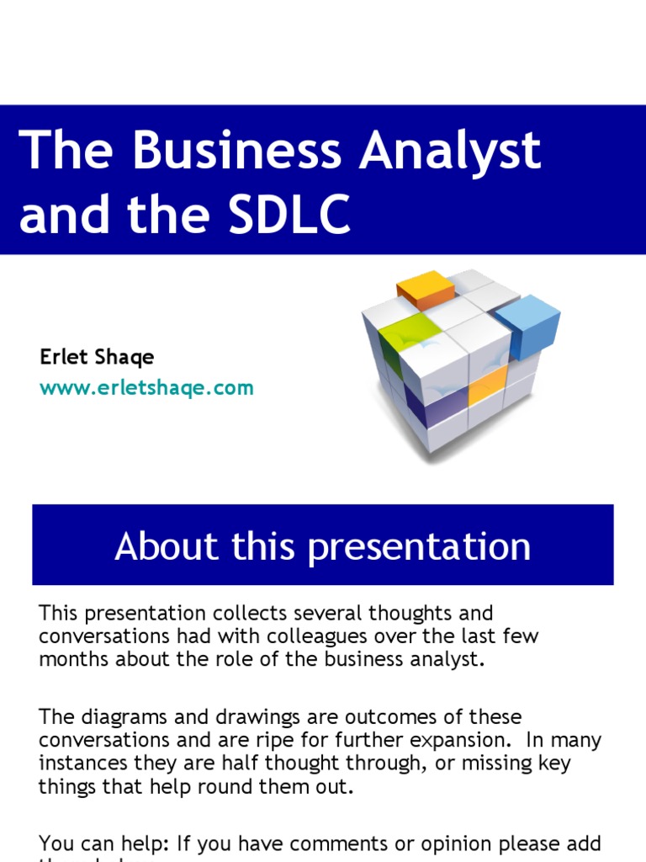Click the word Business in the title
(x=236, y=152)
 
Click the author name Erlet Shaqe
(x=97, y=357)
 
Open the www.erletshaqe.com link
(x=146, y=388)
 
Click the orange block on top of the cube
(x=426, y=289)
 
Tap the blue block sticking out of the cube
(x=528, y=324)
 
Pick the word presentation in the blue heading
(x=418, y=547)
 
